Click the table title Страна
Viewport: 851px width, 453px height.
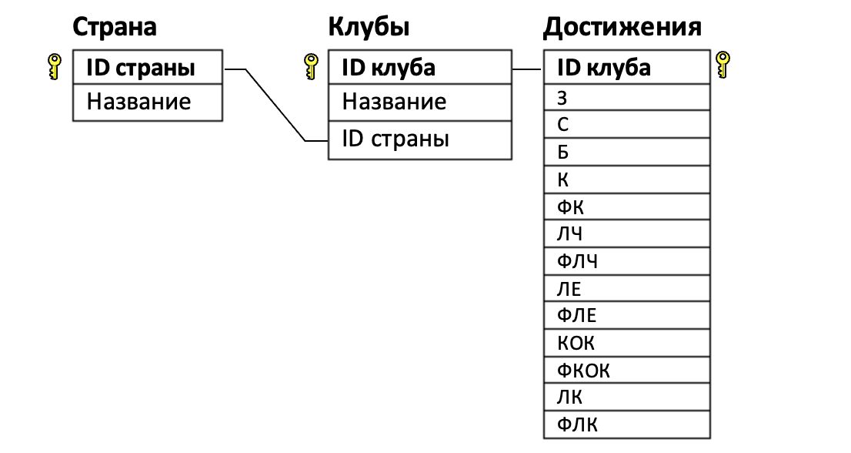114,28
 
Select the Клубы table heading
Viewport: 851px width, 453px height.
368,28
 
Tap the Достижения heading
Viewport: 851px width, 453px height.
622,28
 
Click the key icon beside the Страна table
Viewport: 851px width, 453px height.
54,67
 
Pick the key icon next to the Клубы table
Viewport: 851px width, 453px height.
311,67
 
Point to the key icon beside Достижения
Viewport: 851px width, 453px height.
723,64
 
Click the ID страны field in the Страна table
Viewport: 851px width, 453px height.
147,68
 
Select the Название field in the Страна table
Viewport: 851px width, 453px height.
147,102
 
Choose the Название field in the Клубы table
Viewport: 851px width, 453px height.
419,102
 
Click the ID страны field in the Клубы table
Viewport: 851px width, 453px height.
419,140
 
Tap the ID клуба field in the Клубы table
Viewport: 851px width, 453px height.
419,68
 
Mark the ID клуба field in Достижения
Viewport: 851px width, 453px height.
626,68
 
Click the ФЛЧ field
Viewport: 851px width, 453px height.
626,260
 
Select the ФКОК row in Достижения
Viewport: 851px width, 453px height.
626,370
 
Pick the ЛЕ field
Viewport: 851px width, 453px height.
626,288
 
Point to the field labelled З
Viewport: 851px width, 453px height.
626,97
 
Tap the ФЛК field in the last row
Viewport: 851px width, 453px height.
626,424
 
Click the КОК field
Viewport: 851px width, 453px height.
626,343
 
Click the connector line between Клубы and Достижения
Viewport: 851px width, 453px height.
527,69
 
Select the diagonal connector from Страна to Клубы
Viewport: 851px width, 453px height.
275,105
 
